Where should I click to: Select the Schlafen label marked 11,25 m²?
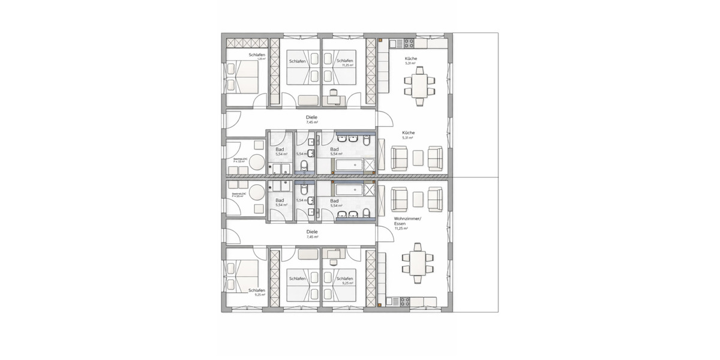pos(344,61)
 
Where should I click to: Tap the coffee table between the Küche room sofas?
pos(418,158)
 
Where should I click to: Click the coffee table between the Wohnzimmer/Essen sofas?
pos(418,197)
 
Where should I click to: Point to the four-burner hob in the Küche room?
pos(409,43)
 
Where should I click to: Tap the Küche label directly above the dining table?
pos(411,58)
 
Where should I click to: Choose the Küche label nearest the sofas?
pos(408,133)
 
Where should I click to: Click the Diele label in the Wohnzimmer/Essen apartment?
pos(312,232)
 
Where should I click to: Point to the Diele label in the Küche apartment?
pos(312,118)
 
